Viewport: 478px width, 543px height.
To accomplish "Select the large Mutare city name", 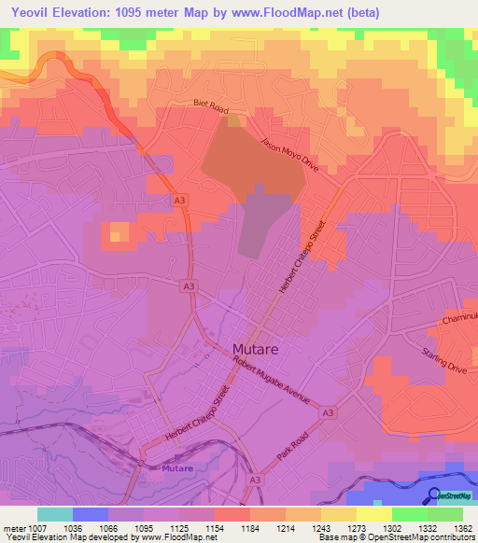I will (256, 348).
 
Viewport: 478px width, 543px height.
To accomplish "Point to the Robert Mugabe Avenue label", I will (272, 382).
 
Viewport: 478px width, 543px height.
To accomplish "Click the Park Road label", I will (291, 447).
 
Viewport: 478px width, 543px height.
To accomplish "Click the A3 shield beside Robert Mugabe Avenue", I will (328, 411).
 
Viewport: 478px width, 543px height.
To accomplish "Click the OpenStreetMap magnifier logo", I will (432, 495).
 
